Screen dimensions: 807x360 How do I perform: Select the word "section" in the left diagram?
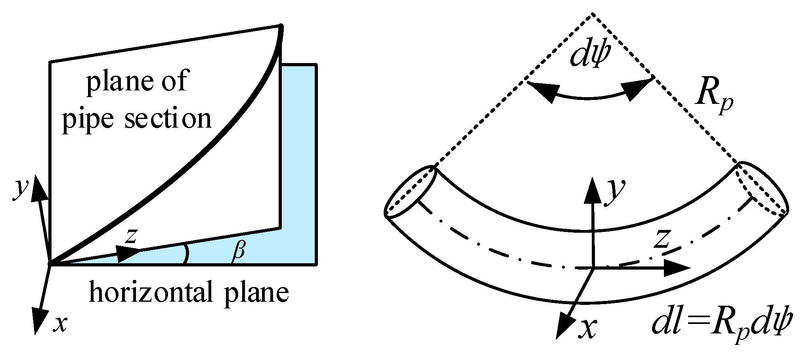(168, 118)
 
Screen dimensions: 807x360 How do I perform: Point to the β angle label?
(238, 252)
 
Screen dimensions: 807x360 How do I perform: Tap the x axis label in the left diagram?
(60, 324)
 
